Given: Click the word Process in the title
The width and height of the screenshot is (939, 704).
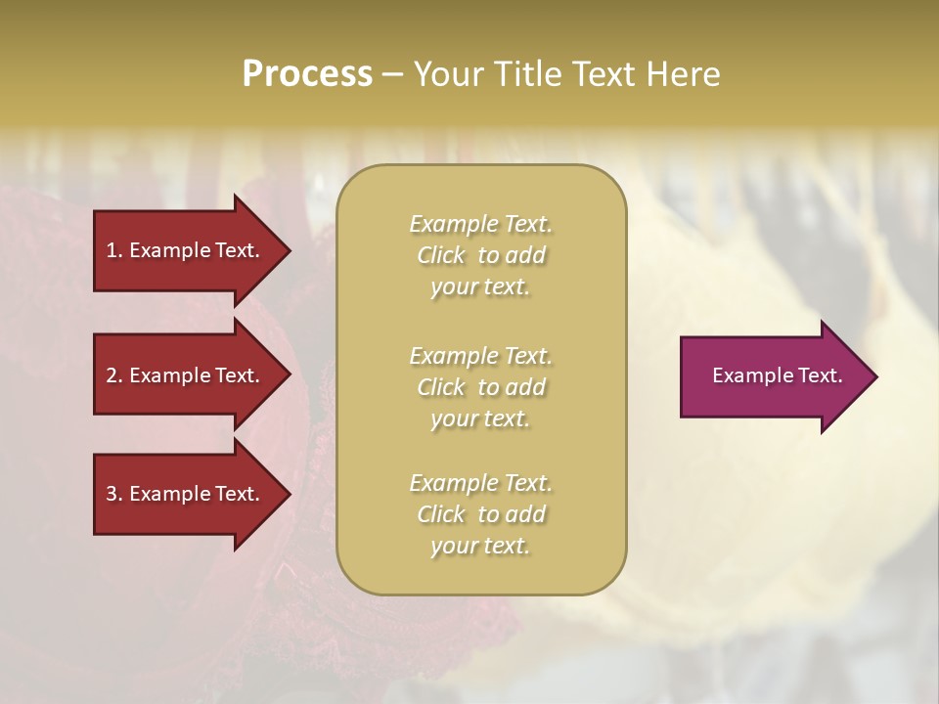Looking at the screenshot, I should [x=307, y=74].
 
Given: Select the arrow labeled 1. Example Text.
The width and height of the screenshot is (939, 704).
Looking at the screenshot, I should [x=186, y=250].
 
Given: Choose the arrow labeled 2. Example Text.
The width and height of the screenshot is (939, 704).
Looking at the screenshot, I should [x=186, y=375].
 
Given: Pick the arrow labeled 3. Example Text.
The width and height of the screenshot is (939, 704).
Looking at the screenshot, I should [x=186, y=494].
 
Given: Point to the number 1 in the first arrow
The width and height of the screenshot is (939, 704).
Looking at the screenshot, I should [x=112, y=250].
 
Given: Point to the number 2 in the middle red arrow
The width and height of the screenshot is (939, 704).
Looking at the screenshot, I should [x=112, y=375].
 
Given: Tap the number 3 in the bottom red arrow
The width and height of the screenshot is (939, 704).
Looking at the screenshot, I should [x=112, y=494].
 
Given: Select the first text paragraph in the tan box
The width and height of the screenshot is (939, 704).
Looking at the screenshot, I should [x=480, y=255].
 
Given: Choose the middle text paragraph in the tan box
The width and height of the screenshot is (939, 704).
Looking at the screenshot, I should [x=480, y=387].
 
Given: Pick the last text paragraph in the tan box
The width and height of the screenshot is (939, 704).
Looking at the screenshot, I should [x=480, y=514].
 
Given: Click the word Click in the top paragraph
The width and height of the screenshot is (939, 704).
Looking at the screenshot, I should [x=441, y=255].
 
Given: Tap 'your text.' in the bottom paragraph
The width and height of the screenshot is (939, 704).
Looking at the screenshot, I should [x=480, y=546].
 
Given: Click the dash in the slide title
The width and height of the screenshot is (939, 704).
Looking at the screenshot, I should [x=392, y=74].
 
